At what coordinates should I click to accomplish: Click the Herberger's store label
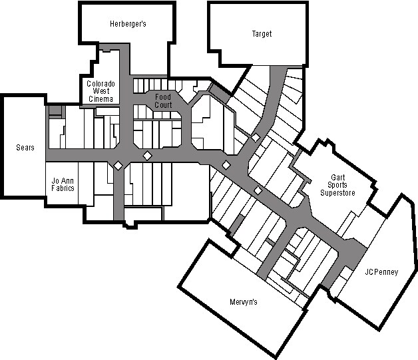coord(128,24)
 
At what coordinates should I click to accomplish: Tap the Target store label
coord(262,33)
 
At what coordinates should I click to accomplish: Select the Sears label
coord(25,147)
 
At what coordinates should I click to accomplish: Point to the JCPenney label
coord(381,271)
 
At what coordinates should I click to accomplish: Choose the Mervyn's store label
coord(243,302)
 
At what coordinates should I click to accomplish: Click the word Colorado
coord(101,83)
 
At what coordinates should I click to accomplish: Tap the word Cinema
coord(101,99)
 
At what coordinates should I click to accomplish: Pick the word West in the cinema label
coord(101,91)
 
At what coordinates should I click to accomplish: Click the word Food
coord(163,97)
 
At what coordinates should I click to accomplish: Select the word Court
coord(163,105)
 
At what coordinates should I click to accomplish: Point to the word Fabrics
coord(63,188)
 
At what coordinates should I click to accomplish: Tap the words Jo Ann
coord(63,180)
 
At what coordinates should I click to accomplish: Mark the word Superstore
coord(337,193)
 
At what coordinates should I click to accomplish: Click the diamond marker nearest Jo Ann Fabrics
coord(117,165)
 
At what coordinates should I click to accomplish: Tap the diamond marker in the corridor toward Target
coord(256,137)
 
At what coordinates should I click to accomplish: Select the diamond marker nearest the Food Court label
coord(147,155)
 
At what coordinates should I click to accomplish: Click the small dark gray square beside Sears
coord(55,110)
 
